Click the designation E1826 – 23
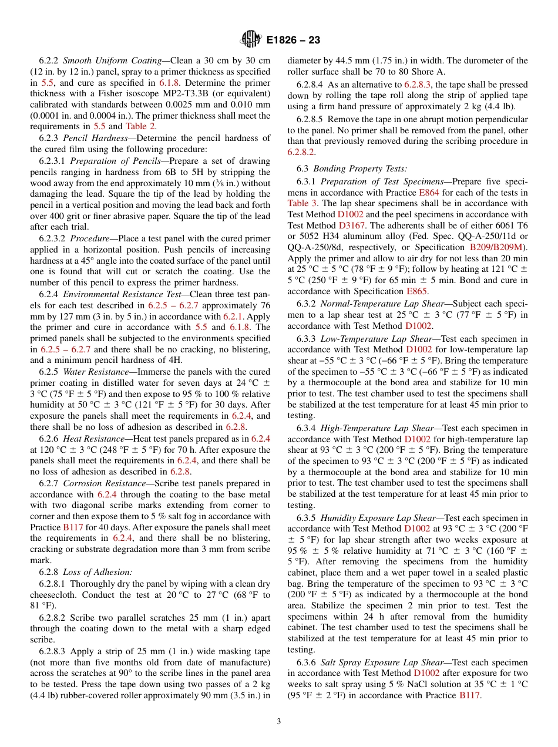(x=293, y=41)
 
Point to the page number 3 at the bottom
(x=279, y=721)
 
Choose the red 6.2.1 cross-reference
(x=233, y=316)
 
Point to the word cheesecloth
(x=54, y=595)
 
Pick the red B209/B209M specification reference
(x=498, y=247)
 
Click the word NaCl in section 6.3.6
(x=389, y=684)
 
